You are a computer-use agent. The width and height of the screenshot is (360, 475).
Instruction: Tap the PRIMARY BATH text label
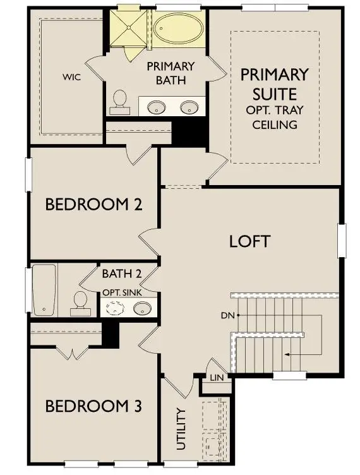(171, 72)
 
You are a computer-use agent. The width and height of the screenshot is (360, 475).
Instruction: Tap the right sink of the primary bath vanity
(189, 108)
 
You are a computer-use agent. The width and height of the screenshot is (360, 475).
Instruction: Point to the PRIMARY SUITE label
(274, 84)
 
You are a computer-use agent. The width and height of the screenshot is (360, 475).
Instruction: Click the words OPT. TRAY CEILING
(274, 117)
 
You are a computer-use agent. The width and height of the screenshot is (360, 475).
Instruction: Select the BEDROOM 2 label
(93, 205)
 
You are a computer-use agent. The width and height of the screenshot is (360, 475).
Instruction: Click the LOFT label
(249, 241)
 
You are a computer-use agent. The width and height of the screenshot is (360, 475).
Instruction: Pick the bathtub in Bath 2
(44, 290)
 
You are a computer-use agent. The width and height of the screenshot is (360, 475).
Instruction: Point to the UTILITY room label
(181, 429)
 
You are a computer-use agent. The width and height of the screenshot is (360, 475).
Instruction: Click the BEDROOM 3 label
(93, 406)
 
